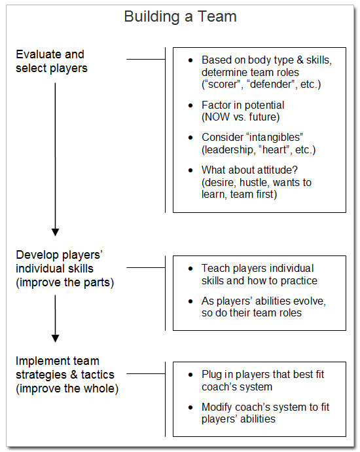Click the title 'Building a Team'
[180, 17]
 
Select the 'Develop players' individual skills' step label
[54, 269]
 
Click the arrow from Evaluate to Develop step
[55, 157]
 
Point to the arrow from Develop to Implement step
[55, 318]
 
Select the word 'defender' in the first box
[275, 85]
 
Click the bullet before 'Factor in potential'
[190, 105]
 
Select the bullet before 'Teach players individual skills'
[190, 269]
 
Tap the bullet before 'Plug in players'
[190, 375]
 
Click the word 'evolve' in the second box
[308, 301]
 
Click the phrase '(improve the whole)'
[67, 388]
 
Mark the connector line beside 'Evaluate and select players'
[145, 59]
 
